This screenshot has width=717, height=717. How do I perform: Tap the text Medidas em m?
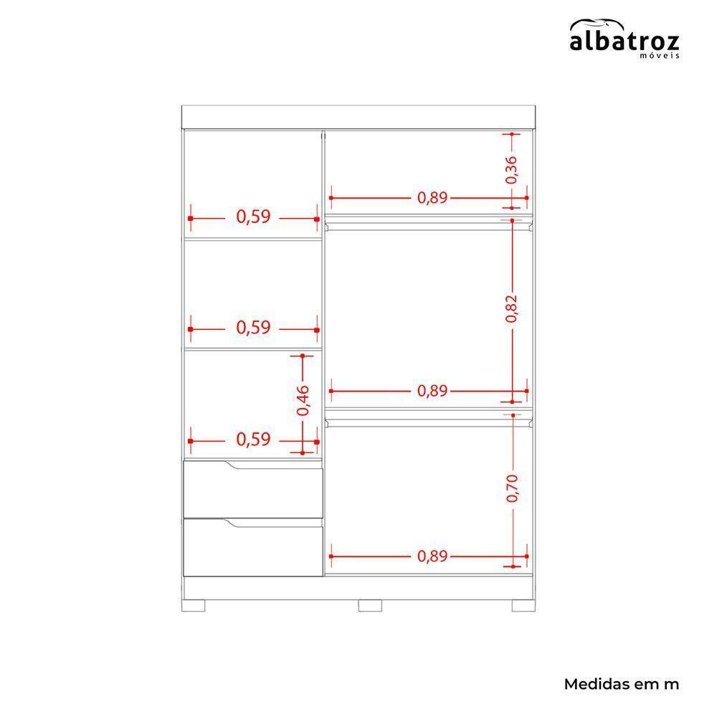coord(622,684)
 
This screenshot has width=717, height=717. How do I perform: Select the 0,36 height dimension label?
coord(512,170)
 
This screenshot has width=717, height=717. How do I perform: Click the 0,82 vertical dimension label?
coord(512,308)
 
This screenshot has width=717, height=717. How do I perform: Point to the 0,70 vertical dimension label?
coord(513,488)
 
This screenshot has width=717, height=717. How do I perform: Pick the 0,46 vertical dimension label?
coord(303,401)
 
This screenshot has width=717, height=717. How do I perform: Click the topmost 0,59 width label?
coord(253,217)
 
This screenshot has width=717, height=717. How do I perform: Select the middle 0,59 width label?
coord(253,328)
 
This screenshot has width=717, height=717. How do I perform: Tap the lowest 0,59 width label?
coord(253,440)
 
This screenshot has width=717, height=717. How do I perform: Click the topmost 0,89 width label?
coord(432,198)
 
